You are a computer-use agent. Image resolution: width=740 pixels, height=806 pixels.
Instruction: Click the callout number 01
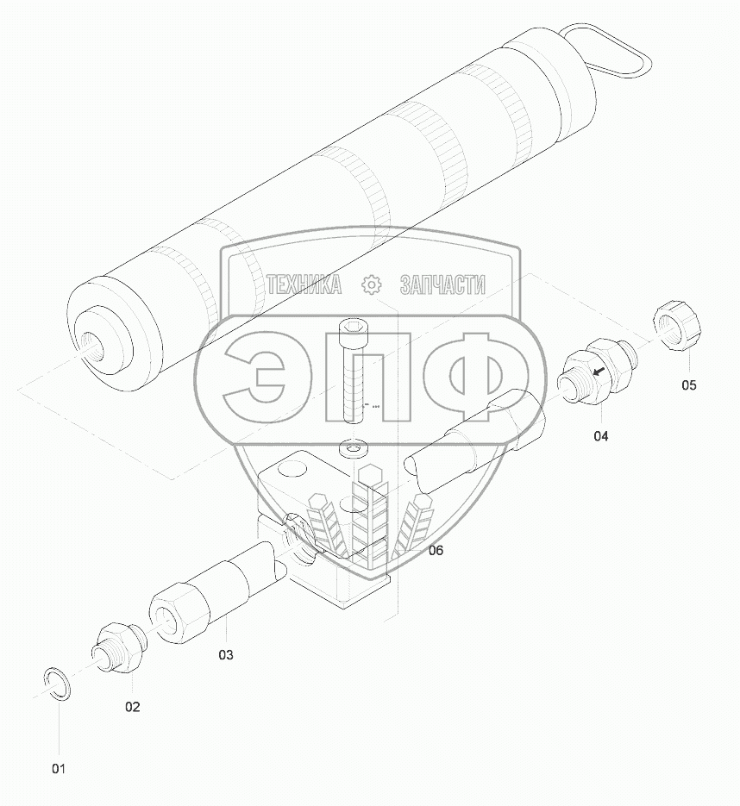pyautogui.click(x=59, y=769)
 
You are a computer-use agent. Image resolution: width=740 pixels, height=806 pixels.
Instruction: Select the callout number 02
pyautogui.click(x=133, y=707)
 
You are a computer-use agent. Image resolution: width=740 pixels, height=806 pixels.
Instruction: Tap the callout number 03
pyautogui.click(x=226, y=655)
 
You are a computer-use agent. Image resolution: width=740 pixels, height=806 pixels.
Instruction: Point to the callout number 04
pyautogui.click(x=600, y=436)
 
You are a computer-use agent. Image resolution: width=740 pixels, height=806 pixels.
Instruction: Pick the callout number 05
pyautogui.click(x=688, y=385)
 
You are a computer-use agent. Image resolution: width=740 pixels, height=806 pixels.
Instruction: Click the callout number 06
pyautogui.click(x=435, y=551)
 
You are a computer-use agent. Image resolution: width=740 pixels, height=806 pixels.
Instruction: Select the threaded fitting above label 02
pyautogui.click(x=119, y=647)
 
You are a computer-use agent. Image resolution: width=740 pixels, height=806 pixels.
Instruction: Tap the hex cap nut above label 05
pyautogui.click(x=678, y=327)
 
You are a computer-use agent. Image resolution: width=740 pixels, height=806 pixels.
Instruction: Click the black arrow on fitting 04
pyautogui.click(x=599, y=371)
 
